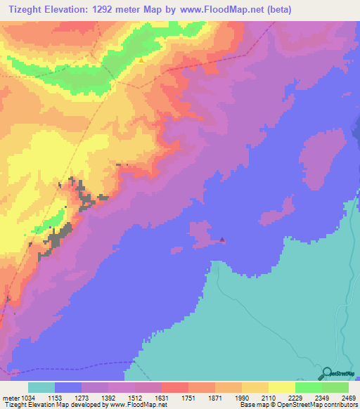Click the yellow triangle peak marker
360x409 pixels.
(x=141, y=60)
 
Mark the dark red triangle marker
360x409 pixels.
(x=222, y=240)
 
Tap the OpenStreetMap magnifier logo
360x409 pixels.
(x=326, y=372)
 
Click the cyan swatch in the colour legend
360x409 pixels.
(x=41, y=388)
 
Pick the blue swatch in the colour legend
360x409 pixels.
(x=68, y=388)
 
